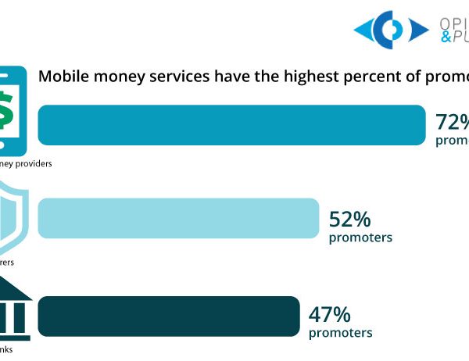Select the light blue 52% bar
coord(178,218)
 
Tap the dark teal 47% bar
coord(168,316)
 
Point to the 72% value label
coord(453,122)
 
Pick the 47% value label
coord(330,315)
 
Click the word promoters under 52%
coord(360,237)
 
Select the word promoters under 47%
coord(341,334)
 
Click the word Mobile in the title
coord(65,77)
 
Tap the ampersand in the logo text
coord(446,38)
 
